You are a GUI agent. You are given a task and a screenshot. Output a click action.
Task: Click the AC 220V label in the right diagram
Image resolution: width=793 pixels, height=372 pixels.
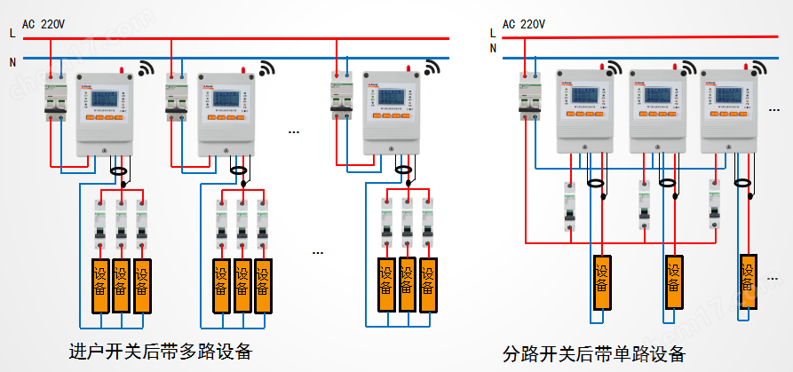pyautogui.click(x=523, y=24)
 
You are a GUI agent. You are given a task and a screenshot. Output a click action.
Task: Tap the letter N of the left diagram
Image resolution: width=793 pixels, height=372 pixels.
pyautogui.click(x=12, y=62)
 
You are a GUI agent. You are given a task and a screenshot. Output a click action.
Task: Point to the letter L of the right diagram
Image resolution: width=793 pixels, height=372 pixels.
pyautogui.click(x=493, y=33)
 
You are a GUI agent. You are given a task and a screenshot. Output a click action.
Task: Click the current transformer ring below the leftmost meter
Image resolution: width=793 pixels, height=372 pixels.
pyautogui.click(x=118, y=168)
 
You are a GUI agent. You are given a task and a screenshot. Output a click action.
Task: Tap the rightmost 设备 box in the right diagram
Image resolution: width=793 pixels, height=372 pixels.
pyautogui.click(x=749, y=279)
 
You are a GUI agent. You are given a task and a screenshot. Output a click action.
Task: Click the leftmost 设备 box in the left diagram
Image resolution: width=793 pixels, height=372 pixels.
pyautogui.click(x=99, y=284)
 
